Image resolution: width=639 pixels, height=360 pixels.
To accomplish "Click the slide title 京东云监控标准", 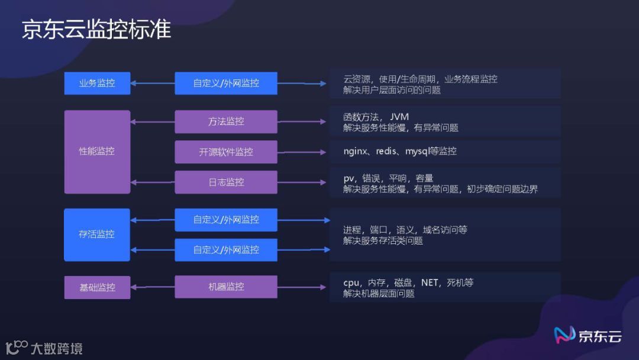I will click(96, 29).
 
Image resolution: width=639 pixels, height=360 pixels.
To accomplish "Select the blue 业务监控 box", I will click(97, 83).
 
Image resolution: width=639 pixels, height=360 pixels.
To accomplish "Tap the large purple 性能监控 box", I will click(97, 152).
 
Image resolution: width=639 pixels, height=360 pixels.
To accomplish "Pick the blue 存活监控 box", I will click(97, 234).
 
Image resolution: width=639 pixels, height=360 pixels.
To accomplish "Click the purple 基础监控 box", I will click(97, 287).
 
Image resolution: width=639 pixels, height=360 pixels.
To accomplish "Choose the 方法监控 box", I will click(226, 121).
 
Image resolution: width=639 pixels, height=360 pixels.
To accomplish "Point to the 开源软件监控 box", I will click(226, 152).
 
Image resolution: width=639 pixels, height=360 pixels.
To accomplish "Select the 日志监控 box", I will click(226, 182).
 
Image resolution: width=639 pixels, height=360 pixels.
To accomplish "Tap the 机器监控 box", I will click(226, 287).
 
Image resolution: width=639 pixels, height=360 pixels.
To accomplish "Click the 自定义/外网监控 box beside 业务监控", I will click(226, 83).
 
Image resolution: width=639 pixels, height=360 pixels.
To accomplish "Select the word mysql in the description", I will click(418, 152).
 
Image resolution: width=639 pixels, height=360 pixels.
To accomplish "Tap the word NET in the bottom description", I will click(430, 282).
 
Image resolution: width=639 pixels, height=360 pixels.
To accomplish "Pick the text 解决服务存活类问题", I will click(383, 241).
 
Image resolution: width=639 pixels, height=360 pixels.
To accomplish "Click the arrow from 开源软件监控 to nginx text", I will click(302, 152).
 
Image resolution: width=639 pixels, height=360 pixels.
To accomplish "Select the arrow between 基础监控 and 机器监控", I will click(153, 287).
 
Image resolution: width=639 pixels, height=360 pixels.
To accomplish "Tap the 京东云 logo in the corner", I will click(588, 336).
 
